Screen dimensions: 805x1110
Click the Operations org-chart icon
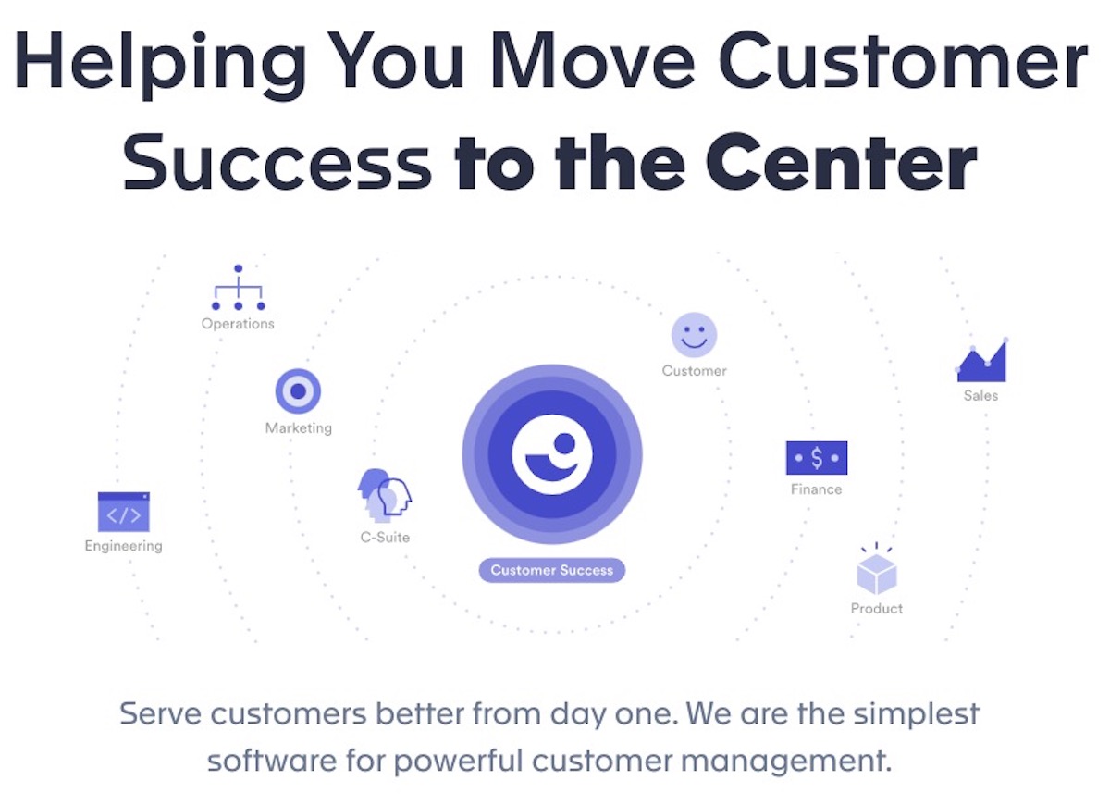point(238,289)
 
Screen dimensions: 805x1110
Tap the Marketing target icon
point(298,391)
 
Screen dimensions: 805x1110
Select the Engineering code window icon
point(124,513)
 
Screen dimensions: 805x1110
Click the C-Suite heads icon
point(384,495)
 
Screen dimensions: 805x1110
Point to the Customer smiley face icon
point(694,335)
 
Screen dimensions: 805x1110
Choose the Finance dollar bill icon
point(816,458)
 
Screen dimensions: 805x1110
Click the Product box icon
point(876,572)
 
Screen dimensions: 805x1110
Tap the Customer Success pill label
point(552,570)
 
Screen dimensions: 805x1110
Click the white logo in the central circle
point(552,453)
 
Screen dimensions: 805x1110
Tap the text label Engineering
point(123,546)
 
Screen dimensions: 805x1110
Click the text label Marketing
point(298,428)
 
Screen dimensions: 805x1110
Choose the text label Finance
point(816,489)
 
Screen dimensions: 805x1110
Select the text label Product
point(877,609)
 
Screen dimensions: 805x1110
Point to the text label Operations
point(238,324)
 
